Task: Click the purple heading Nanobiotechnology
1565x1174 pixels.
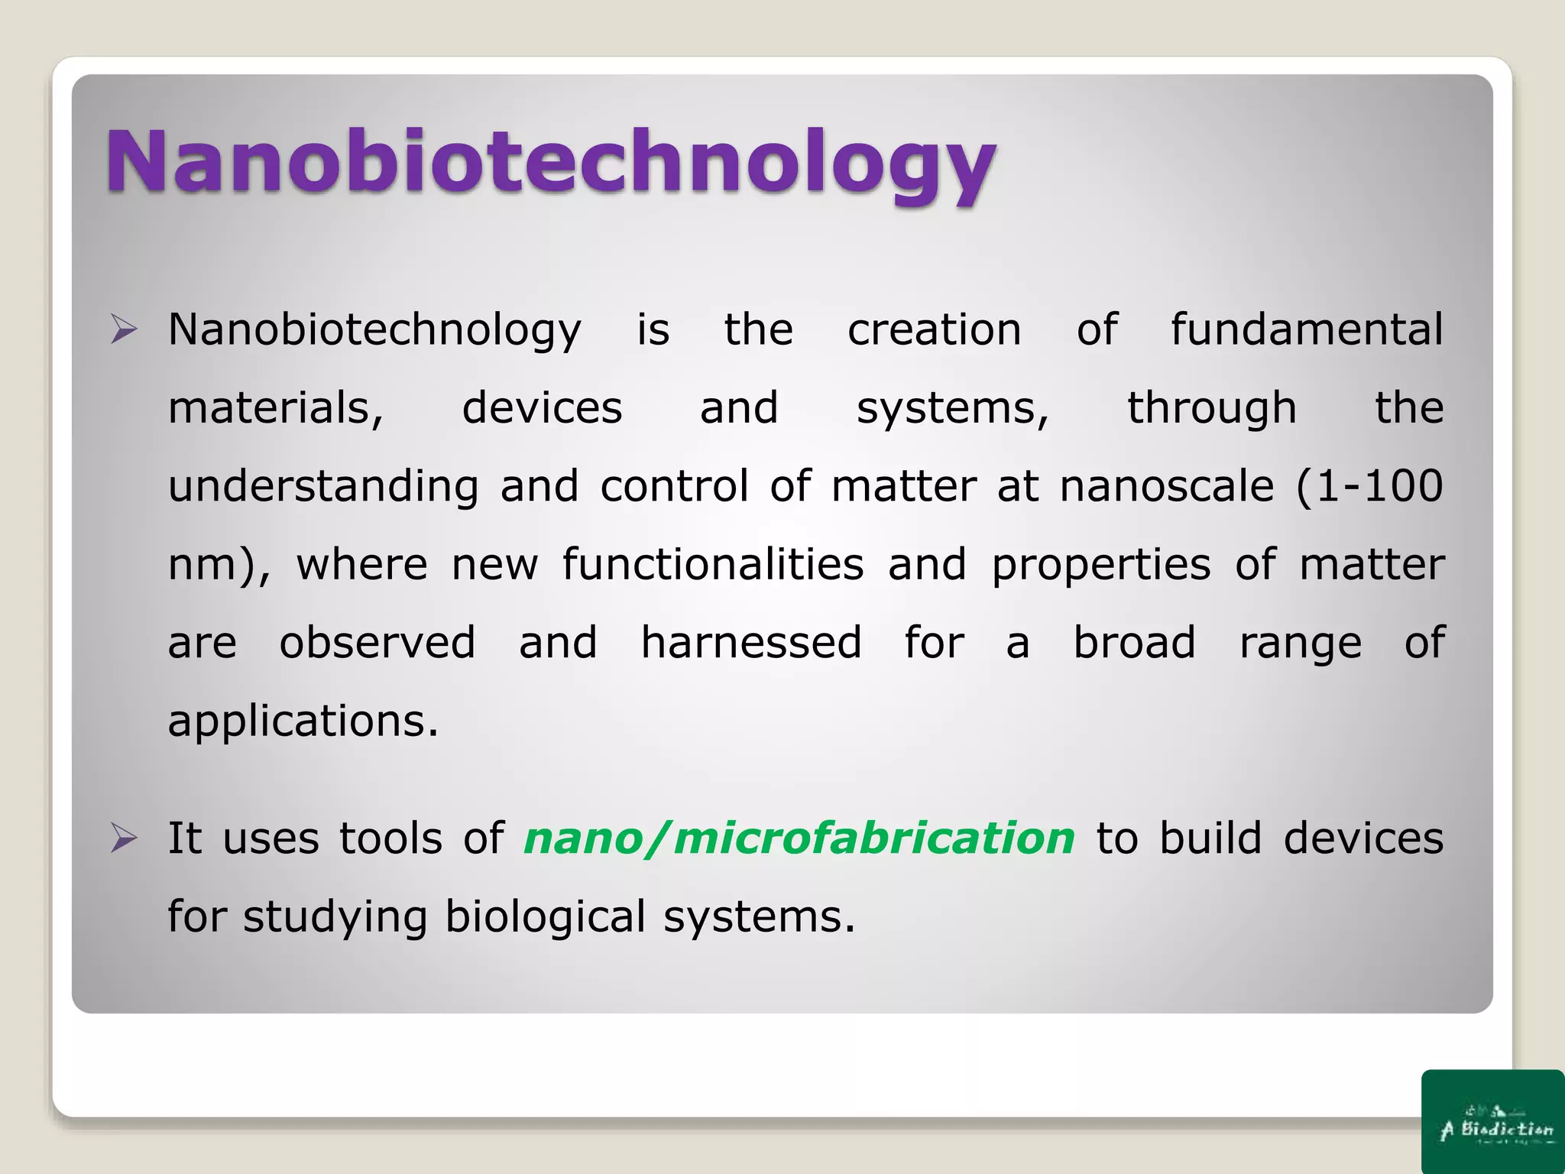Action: (550, 162)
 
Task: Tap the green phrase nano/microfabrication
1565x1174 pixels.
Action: (799, 838)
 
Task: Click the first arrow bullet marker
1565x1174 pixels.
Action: (124, 330)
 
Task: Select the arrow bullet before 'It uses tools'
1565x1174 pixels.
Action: (124, 838)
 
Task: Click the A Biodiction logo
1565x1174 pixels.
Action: (1492, 1122)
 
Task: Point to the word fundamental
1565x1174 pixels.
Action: (1307, 330)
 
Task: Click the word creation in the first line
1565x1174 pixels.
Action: (934, 330)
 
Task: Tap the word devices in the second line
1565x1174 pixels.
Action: (542, 408)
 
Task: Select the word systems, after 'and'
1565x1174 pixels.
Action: (952, 410)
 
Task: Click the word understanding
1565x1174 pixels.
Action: (323, 488)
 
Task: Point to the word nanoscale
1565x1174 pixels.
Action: (1166, 486)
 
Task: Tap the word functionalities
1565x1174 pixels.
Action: (713, 565)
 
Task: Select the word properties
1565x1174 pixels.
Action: (1100, 566)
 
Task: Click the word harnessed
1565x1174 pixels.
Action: (750, 643)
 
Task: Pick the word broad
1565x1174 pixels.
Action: (1134, 643)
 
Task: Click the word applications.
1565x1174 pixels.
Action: (303, 722)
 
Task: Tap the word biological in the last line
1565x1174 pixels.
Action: (545, 917)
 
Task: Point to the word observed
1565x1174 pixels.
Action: (377, 643)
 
